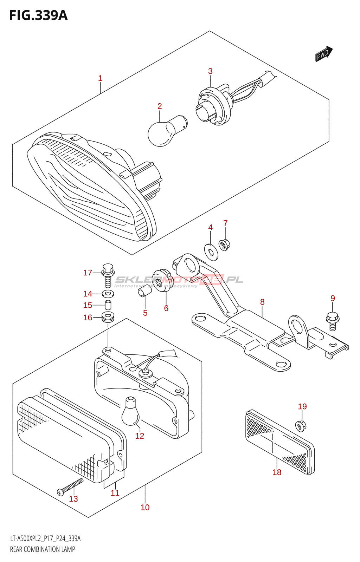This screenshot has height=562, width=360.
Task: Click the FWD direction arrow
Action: [323, 54]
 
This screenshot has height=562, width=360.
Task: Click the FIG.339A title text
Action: [38, 15]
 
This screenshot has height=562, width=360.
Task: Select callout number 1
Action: [100, 78]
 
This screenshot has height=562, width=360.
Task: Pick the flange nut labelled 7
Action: [224, 244]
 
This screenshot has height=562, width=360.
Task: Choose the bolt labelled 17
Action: [108, 275]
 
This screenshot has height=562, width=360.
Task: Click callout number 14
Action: [88, 294]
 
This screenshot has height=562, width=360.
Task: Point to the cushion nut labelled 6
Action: [162, 280]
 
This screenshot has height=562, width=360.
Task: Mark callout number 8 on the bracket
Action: [262, 302]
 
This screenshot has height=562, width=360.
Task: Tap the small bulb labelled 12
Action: [130, 411]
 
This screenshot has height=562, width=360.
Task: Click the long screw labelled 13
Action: [71, 487]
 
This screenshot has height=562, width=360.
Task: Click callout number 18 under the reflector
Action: [277, 472]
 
